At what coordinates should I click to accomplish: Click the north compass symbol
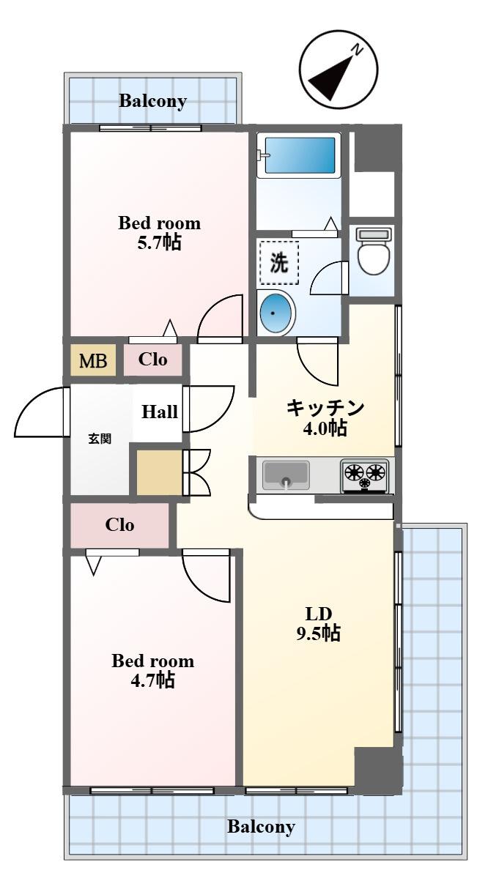(x=339, y=70)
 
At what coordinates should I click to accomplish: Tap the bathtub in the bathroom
(x=300, y=155)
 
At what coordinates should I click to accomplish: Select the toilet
(x=374, y=251)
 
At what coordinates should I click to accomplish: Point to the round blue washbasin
(x=276, y=313)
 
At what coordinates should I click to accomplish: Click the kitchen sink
(x=286, y=475)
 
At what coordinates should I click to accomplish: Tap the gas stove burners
(x=366, y=475)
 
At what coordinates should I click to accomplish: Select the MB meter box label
(x=93, y=360)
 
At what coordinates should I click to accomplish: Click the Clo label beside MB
(x=152, y=360)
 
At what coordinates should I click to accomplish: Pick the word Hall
(x=160, y=412)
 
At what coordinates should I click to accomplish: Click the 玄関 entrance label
(x=100, y=439)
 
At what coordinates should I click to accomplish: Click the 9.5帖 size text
(x=318, y=633)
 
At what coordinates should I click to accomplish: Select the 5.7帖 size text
(x=160, y=242)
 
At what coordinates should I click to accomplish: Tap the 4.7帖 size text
(x=152, y=680)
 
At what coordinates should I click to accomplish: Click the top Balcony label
(x=152, y=101)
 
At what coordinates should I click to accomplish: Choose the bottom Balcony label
(x=261, y=827)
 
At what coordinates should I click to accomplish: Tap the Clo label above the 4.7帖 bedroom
(x=120, y=525)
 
